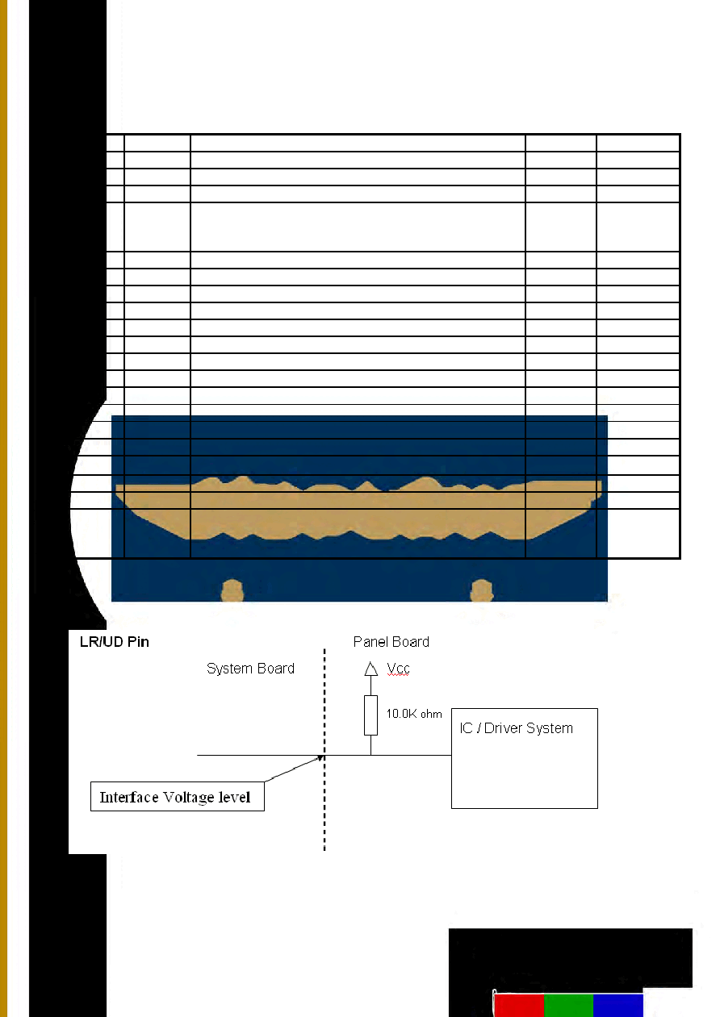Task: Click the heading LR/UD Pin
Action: [x=114, y=642]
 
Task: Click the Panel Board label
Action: [x=391, y=642]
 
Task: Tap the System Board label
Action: [x=250, y=669]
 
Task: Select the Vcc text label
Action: [x=398, y=669]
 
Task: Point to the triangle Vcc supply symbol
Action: [x=371, y=669]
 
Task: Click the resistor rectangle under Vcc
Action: [x=370, y=715]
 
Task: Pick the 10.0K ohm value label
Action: [x=414, y=714]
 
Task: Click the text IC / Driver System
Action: [x=516, y=728]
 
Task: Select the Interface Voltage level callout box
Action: [x=177, y=796]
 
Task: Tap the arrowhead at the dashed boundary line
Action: [x=320, y=758]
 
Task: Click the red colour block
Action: [x=519, y=1005]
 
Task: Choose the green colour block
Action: [x=568, y=1005]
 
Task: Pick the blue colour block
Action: [x=618, y=1005]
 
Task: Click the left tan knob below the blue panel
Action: [x=232, y=590]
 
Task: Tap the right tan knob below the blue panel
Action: [x=482, y=590]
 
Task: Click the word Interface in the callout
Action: [x=129, y=797]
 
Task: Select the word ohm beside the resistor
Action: [x=431, y=715]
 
